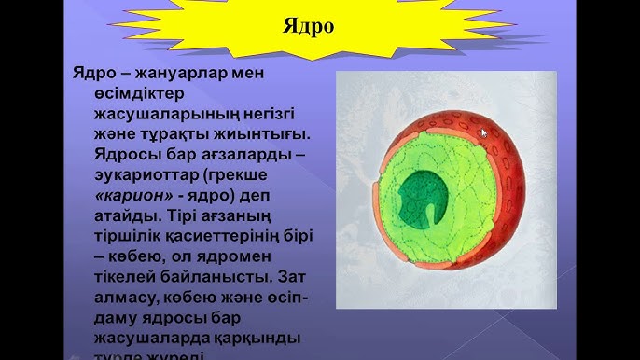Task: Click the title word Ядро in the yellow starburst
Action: (309, 25)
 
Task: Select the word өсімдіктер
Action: (127, 94)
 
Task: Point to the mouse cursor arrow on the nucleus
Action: (483, 133)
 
